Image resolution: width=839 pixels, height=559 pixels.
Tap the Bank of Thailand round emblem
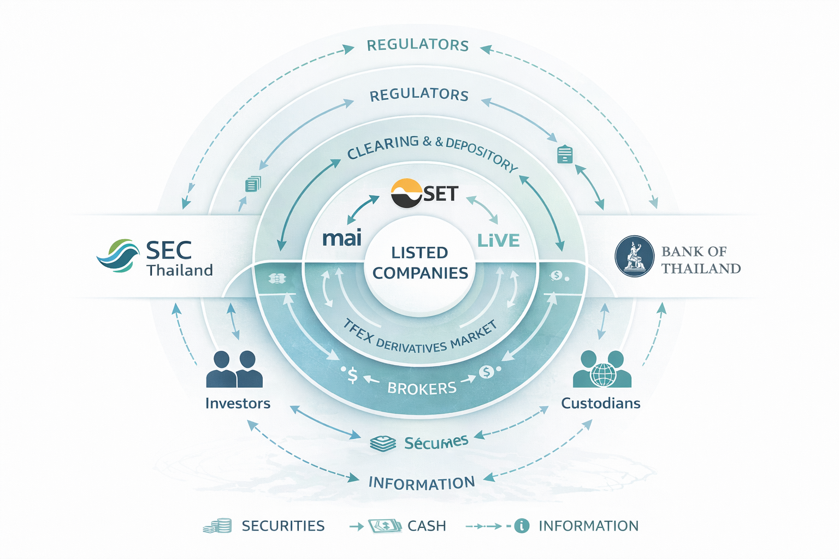(x=634, y=256)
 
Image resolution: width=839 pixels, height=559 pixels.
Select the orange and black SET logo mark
(x=407, y=193)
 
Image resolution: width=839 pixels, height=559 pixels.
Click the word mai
(x=342, y=238)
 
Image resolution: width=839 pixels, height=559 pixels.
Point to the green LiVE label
(x=498, y=240)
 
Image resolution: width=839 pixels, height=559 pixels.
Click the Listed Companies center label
(x=420, y=263)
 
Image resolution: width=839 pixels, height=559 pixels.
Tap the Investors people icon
(x=234, y=370)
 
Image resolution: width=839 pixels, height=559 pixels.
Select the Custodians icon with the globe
(x=602, y=370)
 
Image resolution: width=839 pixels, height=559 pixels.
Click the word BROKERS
(x=422, y=388)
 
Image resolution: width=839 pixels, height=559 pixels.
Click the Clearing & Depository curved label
(x=432, y=150)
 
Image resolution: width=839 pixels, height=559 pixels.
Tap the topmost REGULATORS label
(x=418, y=45)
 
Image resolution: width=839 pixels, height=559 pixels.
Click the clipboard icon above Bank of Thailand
(x=565, y=154)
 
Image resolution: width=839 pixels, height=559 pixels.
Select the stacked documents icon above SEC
(x=253, y=184)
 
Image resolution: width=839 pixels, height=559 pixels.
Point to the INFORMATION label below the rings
(x=422, y=483)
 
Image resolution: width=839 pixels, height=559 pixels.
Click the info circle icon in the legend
(x=522, y=526)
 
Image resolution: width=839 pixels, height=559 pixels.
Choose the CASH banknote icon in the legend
(x=385, y=526)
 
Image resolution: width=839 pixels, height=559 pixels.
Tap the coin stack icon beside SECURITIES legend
(x=218, y=526)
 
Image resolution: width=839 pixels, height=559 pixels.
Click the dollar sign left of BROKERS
(x=352, y=375)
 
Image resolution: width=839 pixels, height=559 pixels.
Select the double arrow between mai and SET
(x=363, y=208)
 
